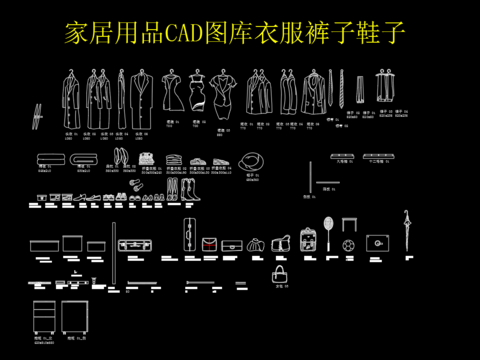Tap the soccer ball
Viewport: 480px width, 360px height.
tap(348, 243)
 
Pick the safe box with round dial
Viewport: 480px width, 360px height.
tap(378, 242)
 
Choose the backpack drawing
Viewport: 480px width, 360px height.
tap(308, 240)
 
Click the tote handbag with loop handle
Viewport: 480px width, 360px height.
tap(280, 274)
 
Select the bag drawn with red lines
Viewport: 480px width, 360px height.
tap(210, 243)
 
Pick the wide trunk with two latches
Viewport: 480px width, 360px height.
tap(133, 243)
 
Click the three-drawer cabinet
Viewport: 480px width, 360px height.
tap(44, 317)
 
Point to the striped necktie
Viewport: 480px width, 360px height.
tap(341, 91)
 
